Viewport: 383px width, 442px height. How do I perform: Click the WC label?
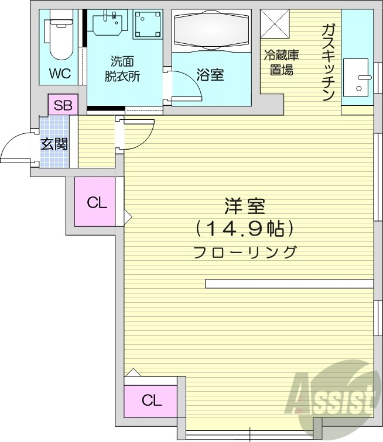coord(60,74)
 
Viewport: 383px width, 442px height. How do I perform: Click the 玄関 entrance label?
coord(54,144)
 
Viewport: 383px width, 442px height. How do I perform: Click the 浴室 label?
coord(210,75)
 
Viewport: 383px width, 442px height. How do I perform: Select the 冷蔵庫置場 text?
coord(282,63)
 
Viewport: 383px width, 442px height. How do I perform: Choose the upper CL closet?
coord(97,202)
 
